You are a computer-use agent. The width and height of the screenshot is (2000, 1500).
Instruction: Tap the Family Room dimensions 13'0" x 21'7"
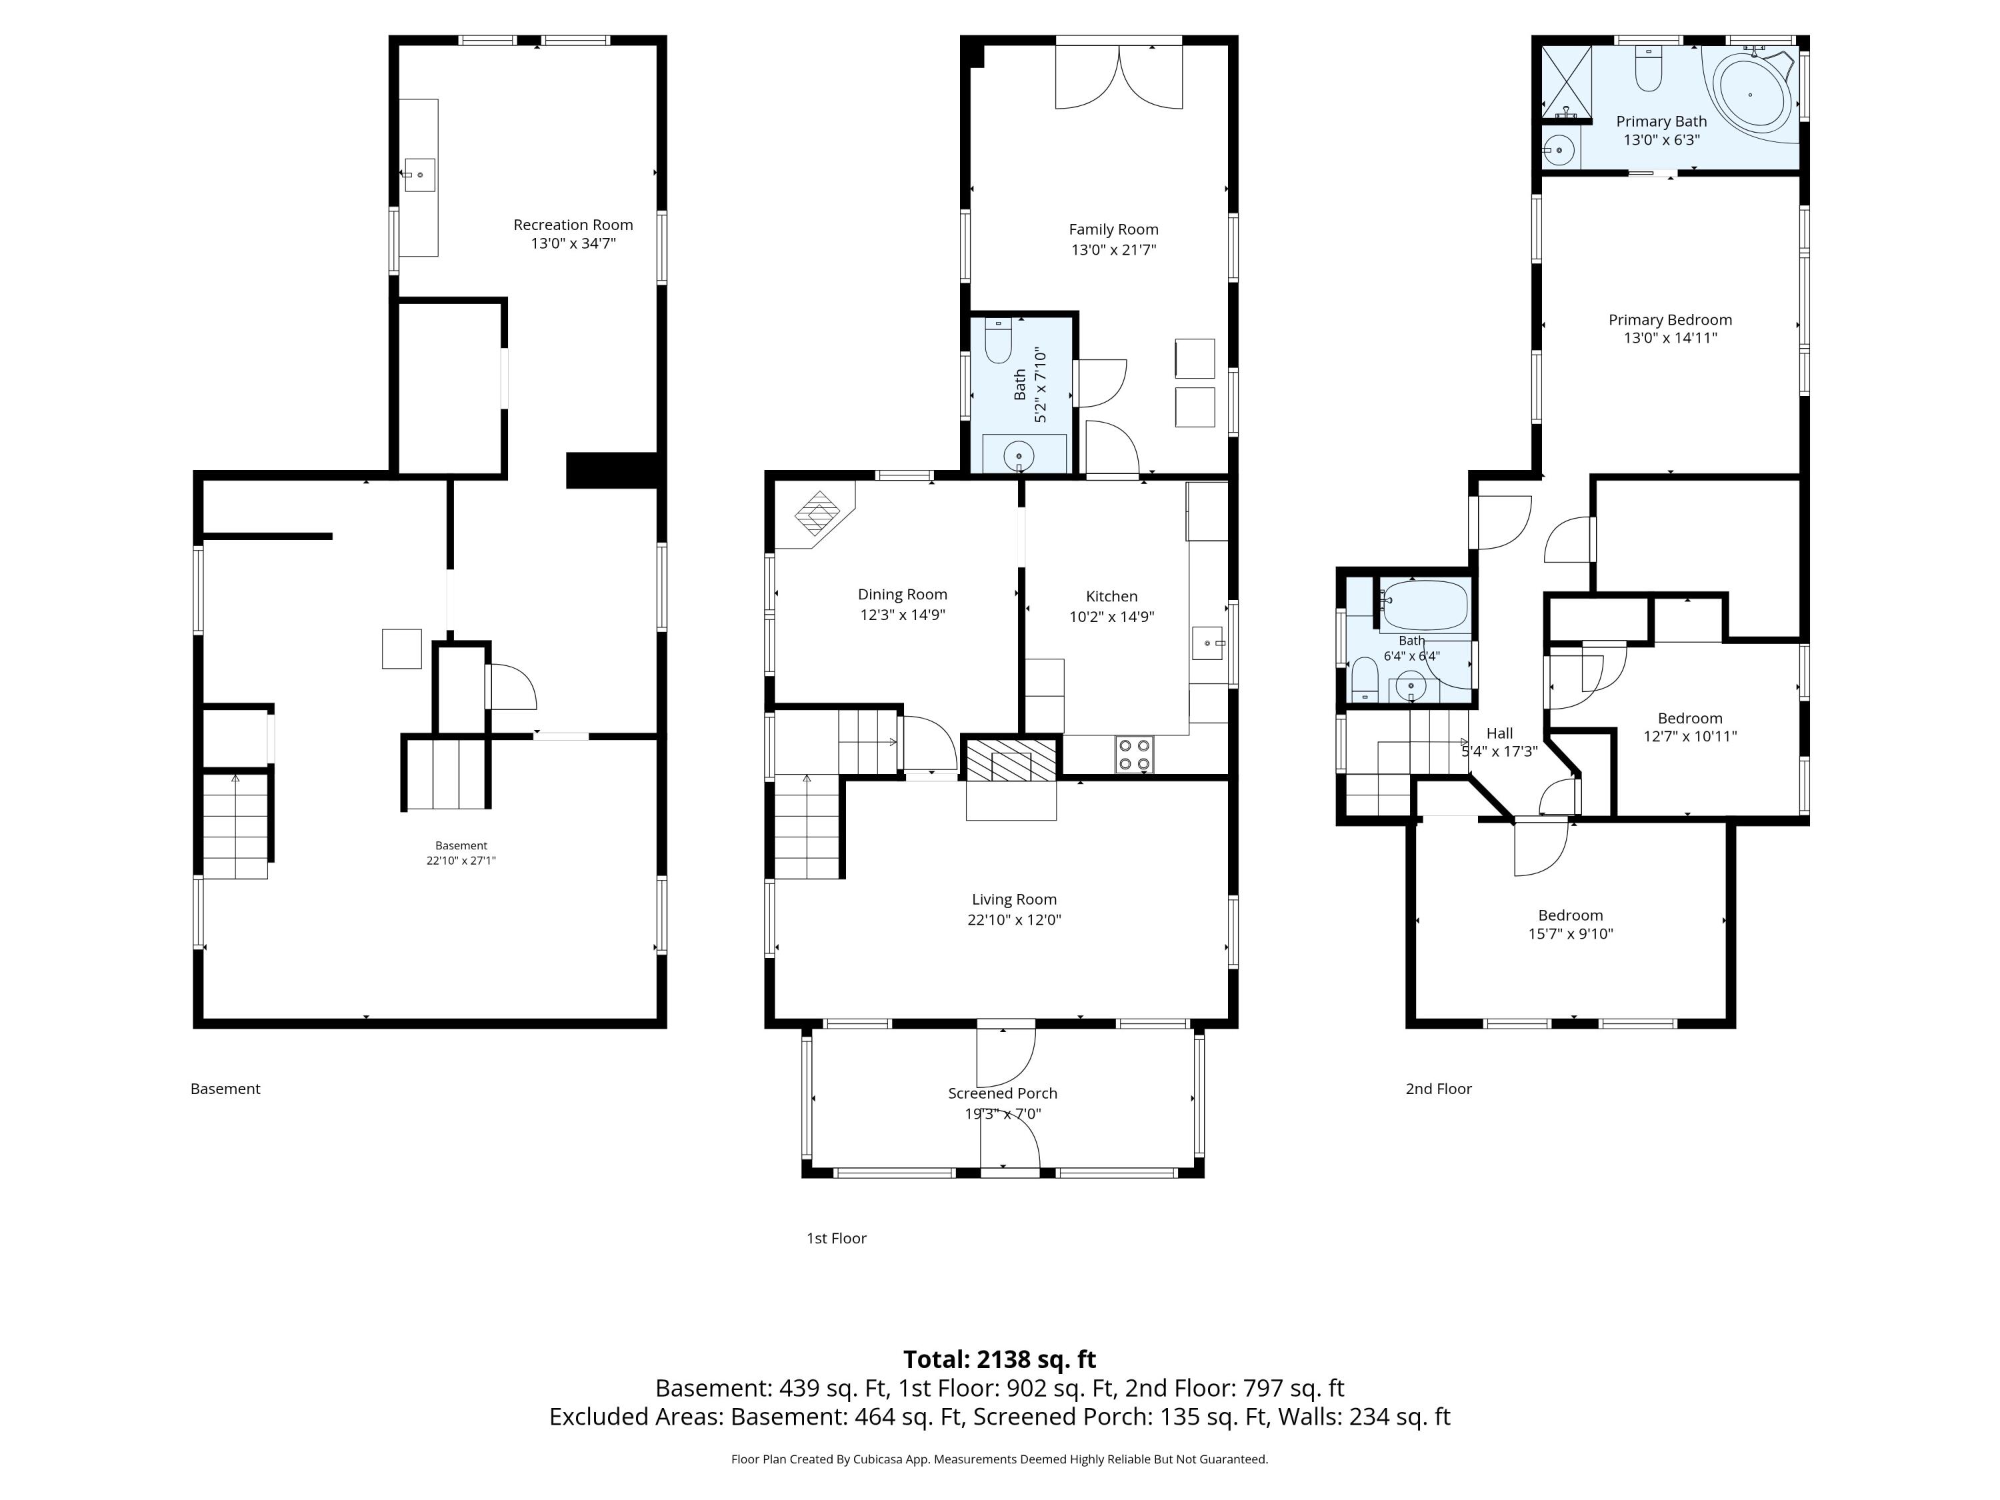1114,249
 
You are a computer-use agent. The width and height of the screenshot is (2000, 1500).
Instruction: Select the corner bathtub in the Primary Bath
1751,95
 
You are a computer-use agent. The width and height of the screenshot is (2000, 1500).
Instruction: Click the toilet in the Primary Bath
1648,69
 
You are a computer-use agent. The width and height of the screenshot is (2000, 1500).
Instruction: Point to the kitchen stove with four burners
1134,754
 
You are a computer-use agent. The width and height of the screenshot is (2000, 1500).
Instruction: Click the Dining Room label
903,595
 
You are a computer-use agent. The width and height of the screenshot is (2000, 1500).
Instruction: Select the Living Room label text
1013,899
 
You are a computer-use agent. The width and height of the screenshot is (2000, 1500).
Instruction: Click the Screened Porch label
1003,1093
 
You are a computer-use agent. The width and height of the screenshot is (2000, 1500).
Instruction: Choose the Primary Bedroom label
1670,320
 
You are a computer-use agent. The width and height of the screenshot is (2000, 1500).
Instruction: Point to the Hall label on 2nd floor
1499,733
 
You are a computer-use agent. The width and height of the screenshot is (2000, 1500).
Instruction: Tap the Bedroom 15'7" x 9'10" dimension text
1571,934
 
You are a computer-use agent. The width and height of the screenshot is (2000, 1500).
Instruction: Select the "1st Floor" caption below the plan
837,1238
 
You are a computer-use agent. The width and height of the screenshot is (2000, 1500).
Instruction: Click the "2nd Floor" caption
1439,1089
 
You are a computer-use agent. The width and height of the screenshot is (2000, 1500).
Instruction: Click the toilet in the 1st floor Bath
998,340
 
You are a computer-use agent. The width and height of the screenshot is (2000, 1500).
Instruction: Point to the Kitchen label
1112,597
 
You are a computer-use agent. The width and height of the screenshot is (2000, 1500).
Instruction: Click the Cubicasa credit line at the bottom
999,1459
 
